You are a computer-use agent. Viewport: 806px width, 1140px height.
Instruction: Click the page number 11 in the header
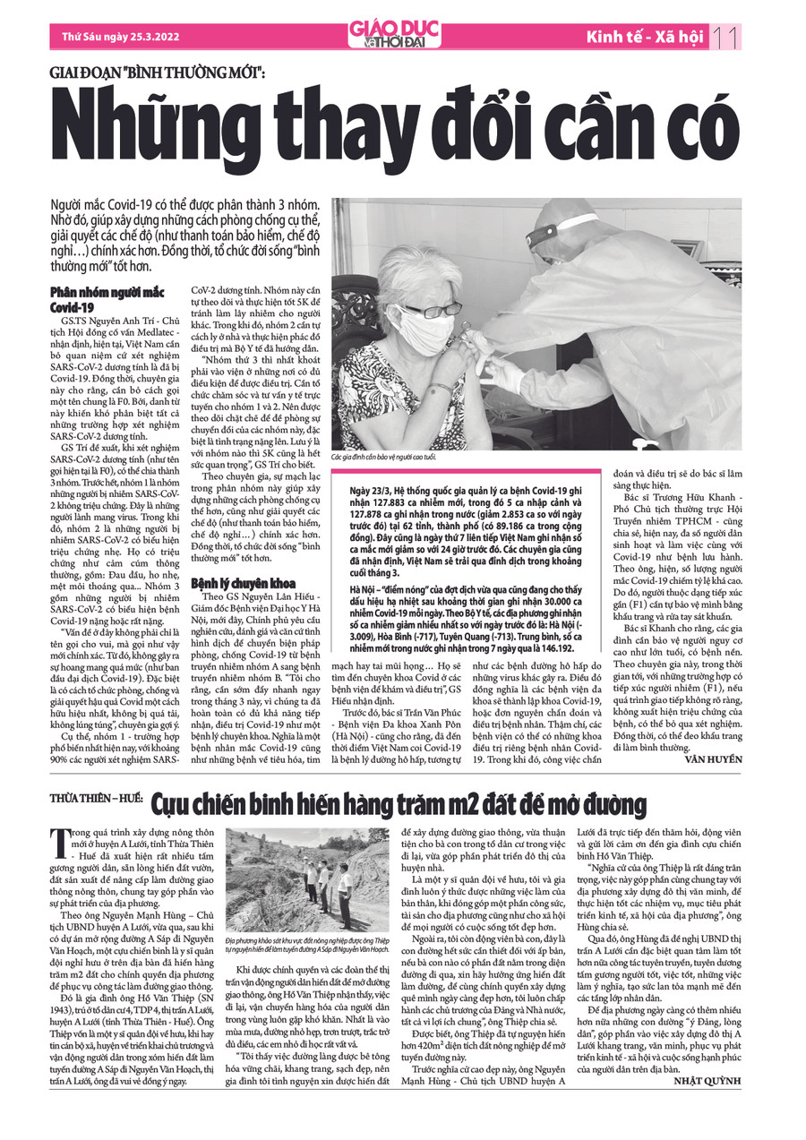726,37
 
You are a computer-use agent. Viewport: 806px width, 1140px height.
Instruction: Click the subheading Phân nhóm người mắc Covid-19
108,299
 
